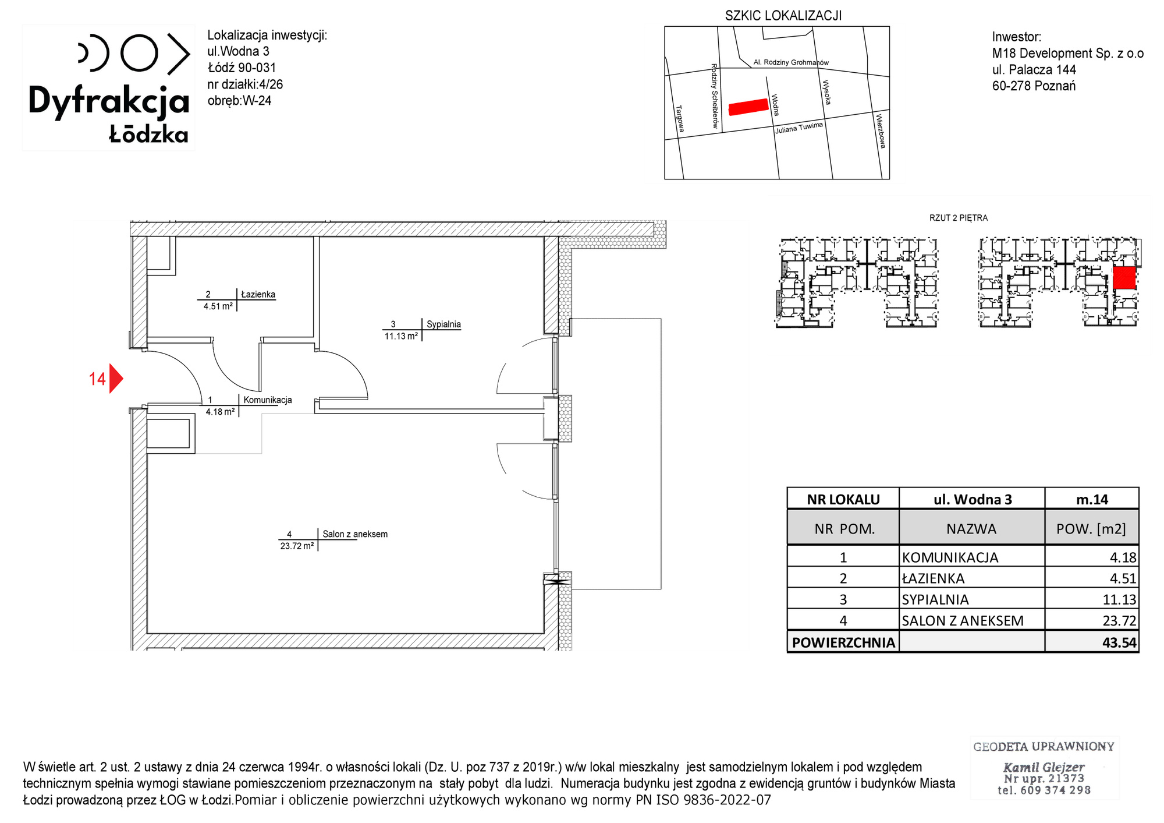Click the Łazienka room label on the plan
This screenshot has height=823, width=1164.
pos(258,294)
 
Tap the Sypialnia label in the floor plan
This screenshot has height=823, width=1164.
pos(443,324)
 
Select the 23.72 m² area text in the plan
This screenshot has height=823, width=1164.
pos(297,546)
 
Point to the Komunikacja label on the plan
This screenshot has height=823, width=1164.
pos(268,400)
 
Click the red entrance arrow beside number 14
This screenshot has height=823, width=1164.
pos(116,379)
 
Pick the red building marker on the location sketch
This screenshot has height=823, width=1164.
pos(748,107)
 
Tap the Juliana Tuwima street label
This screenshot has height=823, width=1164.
pos(799,128)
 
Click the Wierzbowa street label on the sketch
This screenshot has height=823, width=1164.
pos(881,131)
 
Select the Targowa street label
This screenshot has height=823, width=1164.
pos(680,119)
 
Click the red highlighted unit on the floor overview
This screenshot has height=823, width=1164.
pos(1124,278)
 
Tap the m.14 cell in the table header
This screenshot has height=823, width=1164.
pos(1092,499)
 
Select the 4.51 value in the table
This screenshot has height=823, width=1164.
pos(1123,578)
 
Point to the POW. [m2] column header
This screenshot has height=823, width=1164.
pos(1091,529)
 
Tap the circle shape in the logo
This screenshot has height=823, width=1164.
pos(139,53)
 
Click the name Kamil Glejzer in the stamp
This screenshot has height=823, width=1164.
pos(1044,767)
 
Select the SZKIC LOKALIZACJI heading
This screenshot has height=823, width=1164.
pos(783,16)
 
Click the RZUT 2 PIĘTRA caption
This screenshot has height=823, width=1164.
pos(959,218)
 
